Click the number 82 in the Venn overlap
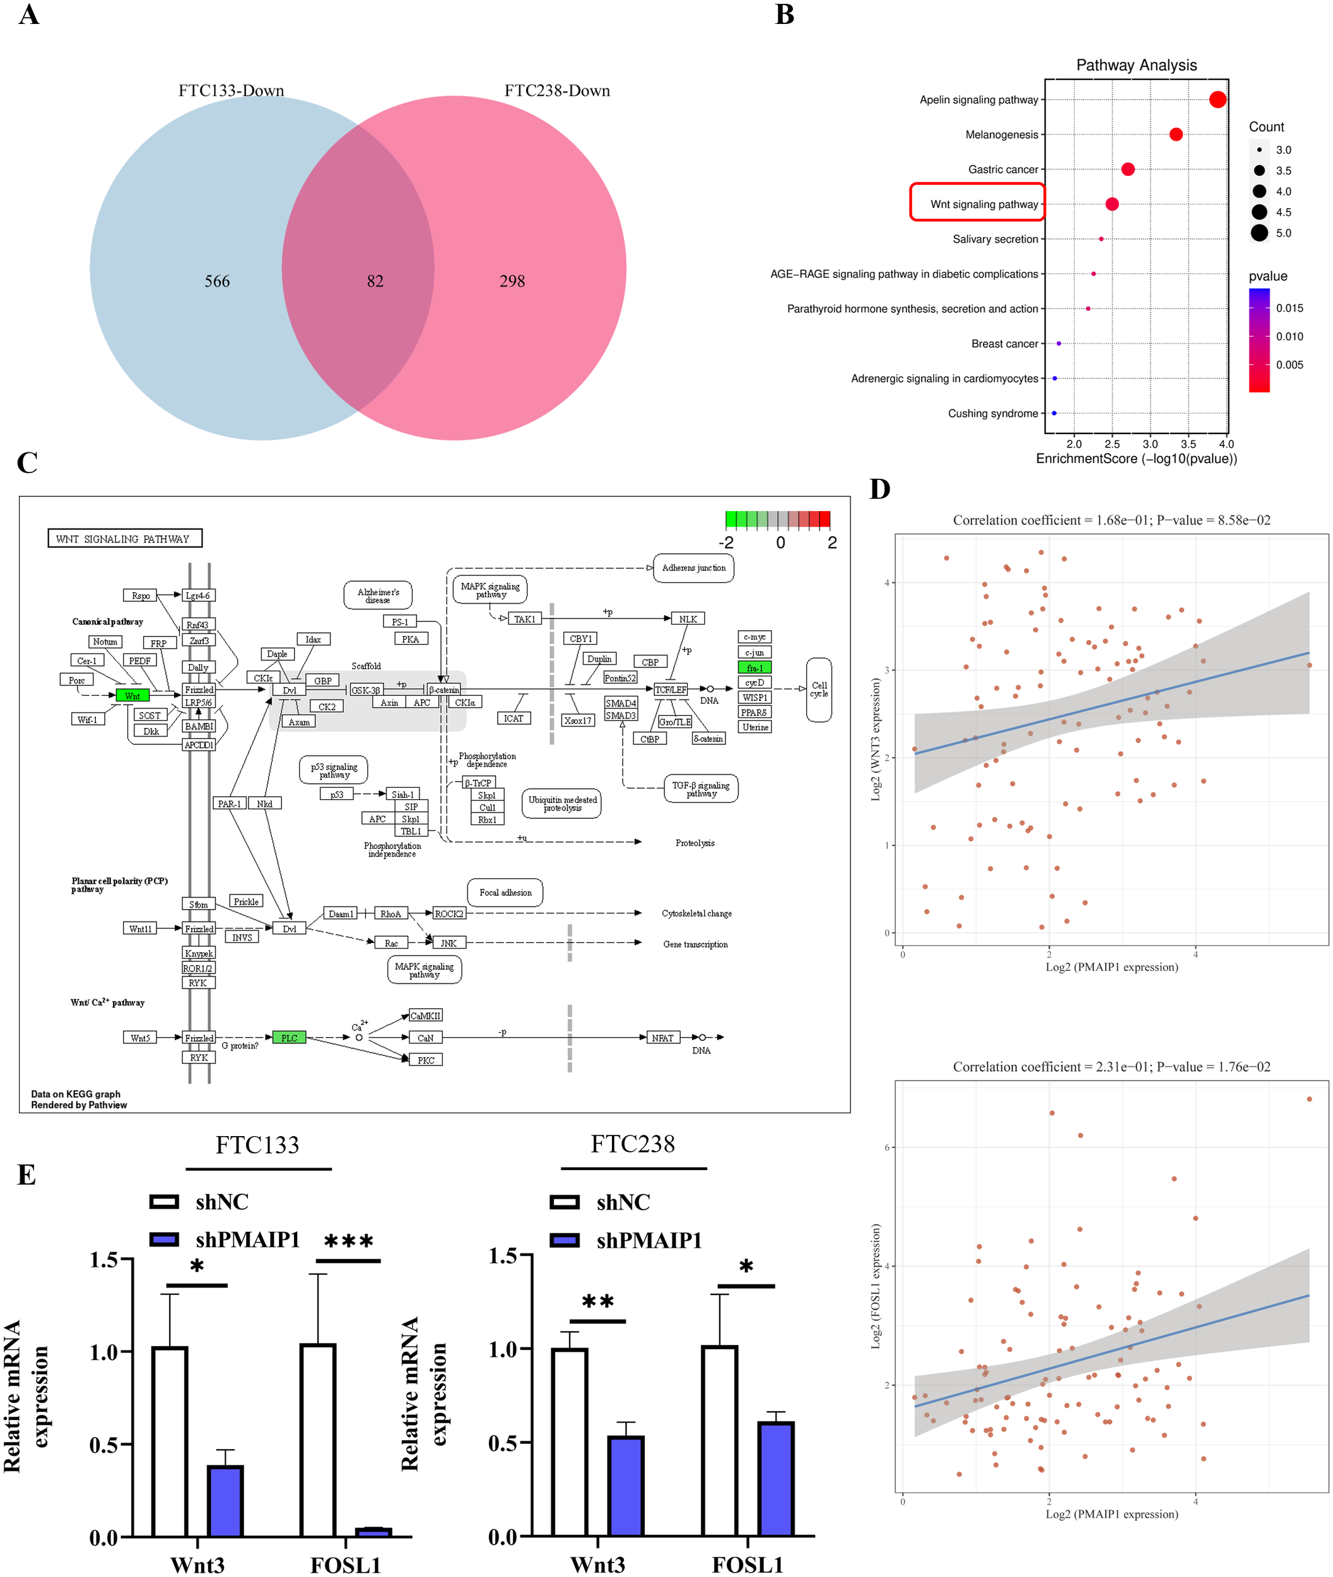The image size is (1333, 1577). point(375,281)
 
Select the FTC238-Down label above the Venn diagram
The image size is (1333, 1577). point(557,91)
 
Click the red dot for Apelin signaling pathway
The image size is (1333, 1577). point(1218,99)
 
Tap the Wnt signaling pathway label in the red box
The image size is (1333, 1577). point(984,204)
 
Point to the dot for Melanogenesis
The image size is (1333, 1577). point(1176,134)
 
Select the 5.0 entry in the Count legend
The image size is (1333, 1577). point(1283,233)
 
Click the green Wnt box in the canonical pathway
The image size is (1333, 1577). point(132,695)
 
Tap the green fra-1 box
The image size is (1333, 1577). point(754,667)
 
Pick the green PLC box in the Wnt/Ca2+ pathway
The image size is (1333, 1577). point(289,1038)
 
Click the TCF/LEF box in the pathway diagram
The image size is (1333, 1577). point(670,689)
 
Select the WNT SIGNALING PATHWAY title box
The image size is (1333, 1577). point(125,538)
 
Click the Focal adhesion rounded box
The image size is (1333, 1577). point(505,893)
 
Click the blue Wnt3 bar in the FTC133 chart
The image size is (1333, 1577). point(225,1500)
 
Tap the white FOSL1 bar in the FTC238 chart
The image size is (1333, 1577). point(719,1439)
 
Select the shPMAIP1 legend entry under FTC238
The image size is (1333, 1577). point(649,1240)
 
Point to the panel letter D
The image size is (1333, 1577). point(879,489)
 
